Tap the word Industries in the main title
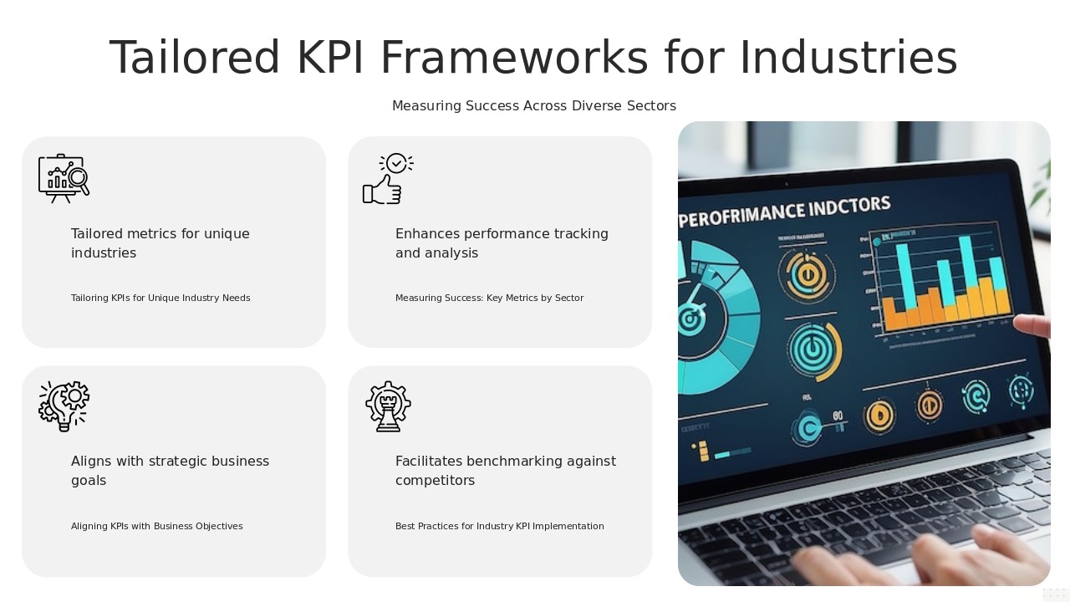pyautogui.click(x=848, y=59)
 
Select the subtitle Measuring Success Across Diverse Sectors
pyautogui.click(x=533, y=106)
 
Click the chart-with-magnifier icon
pyautogui.click(x=64, y=178)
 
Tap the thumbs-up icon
pyautogui.click(x=387, y=179)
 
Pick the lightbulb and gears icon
pyautogui.click(x=64, y=406)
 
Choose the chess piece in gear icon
pyautogui.click(x=388, y=406)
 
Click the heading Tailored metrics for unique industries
pyautogui.click(x=160, y=243)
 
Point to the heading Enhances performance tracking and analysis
pyautogui.click(x=502, y=243)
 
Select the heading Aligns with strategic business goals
pyautogui.click(x=170, y=471)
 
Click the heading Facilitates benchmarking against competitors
pyautogui.click(x=505, y=471)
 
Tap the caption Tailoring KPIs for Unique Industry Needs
pyautogui.click(x=160, y=298)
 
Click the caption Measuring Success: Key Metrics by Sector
pyautogui.click(x=489, y=298)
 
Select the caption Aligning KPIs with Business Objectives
pyautogui.click(x=156, y=527)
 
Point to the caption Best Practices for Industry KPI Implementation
pyautogui.click(x=499, y=527)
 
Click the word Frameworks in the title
pyautogui.click(x=514, y=59)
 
